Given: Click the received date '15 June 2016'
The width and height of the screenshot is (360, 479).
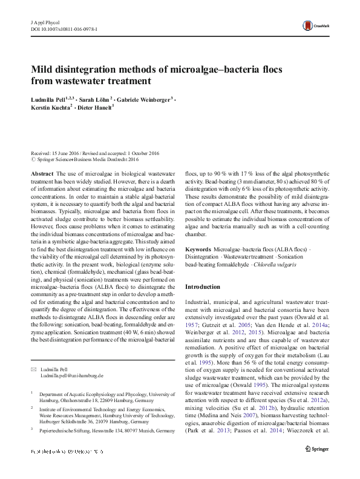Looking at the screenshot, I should click(x=67, y=154).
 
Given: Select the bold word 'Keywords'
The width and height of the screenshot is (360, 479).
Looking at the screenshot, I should click(x=198, y=249).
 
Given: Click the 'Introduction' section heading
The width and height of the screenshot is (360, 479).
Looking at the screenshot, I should click(x=203, y=286).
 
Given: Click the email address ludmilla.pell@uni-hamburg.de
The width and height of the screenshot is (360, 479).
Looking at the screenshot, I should click(x=71, y=375).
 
